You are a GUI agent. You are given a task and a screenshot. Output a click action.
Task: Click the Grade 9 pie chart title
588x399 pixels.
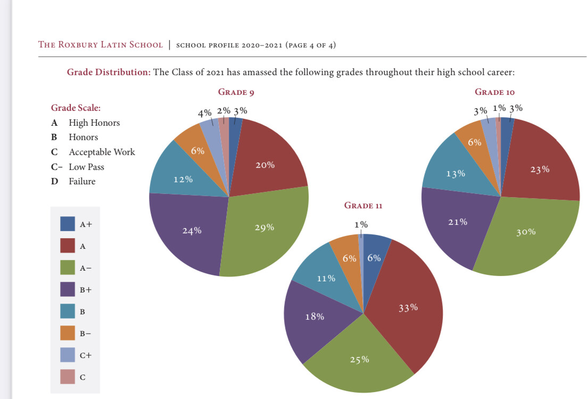coord(236,92)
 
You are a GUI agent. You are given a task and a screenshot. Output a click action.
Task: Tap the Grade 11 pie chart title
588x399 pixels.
coord(363,205)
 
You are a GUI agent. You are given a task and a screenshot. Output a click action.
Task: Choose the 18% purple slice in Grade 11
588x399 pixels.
coord(314,317)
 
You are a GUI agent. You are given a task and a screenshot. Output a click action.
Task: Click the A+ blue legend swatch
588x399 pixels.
coord(68,224)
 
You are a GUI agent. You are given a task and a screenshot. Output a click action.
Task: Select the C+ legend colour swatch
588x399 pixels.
coord(68,354)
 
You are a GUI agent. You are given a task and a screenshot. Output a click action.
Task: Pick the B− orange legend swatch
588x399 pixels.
coord(68,333)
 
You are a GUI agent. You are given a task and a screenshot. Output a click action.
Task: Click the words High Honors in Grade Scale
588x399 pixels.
coord(94,123)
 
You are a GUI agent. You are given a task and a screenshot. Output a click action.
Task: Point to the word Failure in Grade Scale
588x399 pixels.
coord(82,181)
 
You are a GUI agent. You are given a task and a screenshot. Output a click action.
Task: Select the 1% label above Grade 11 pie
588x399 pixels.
coord(361,224)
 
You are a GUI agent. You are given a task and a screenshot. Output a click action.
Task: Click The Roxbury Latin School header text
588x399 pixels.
coord(101,44)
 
